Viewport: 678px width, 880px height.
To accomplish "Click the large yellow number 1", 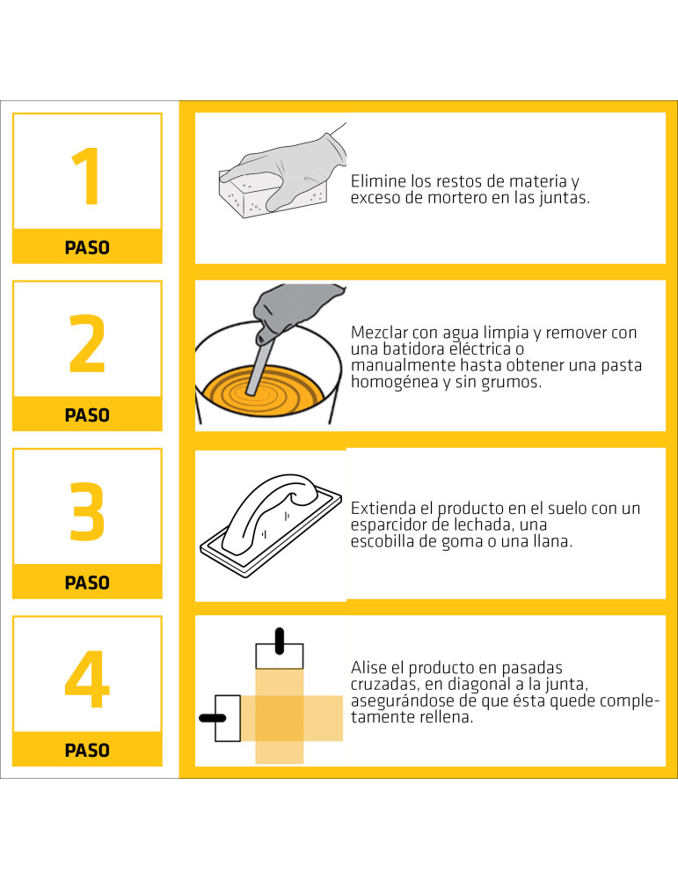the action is [x=88, y=176].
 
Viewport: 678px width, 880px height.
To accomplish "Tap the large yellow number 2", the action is [x=87, y=343].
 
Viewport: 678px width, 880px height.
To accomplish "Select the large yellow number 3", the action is [x=87, y=511].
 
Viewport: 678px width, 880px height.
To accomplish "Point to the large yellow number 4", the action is [x=87, y=679].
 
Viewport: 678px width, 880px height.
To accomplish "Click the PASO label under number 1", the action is [x=87, y=247].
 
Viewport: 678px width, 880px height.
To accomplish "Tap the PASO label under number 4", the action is [x=87, y=751].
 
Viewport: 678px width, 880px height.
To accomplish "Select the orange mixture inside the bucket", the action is [x=264, y=390].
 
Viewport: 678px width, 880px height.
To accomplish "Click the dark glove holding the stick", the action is [x=295, y=312].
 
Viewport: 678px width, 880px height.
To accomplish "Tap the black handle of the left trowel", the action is [x=213, y=718].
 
